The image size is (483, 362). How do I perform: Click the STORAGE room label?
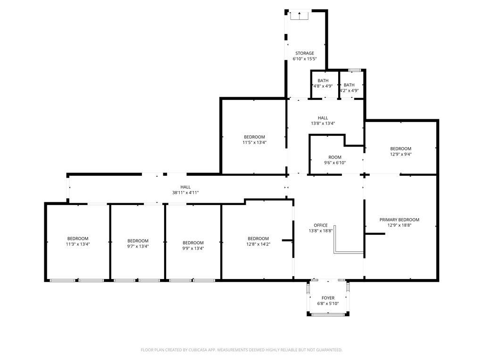305,53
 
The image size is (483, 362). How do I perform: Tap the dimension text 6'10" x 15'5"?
305,59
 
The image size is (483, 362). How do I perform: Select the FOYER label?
328,298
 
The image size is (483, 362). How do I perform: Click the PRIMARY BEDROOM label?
399,220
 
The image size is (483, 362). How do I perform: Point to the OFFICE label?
320,225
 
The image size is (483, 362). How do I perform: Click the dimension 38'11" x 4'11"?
185,193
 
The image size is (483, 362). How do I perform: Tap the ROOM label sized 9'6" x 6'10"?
335,157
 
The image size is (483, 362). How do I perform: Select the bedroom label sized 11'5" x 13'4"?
254,137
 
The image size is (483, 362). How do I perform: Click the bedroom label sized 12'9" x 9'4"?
401,148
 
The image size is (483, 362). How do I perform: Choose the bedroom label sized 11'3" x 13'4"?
78,239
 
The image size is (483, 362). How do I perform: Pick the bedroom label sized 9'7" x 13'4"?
138,241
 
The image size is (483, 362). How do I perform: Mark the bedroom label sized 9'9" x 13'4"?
193,243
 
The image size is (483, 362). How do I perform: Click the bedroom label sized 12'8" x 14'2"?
258,239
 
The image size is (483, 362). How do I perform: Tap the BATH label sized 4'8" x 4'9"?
323,81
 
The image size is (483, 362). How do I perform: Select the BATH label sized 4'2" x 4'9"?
349,85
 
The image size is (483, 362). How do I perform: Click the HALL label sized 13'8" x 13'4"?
323,118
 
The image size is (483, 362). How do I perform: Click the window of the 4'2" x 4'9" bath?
355,70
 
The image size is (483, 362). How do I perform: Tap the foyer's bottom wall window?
328,314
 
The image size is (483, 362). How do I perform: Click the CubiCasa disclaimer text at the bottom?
241,350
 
